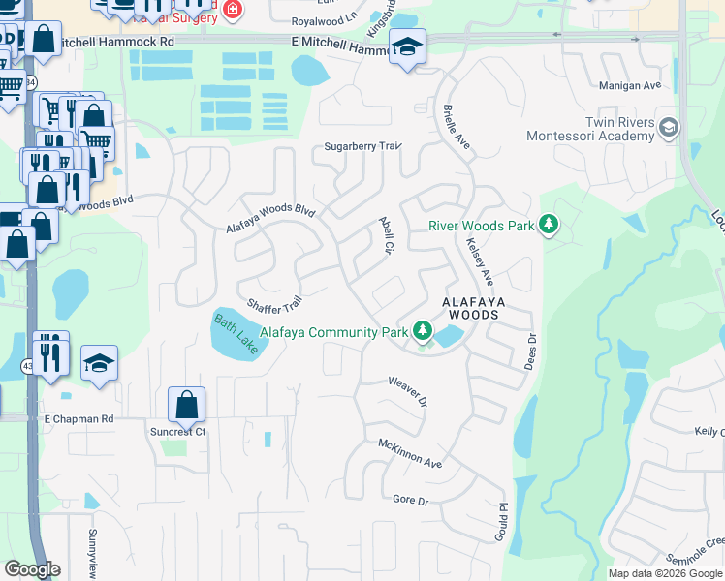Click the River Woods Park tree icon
click(549, 226)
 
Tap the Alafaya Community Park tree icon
click(422, 332)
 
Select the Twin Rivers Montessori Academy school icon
click(669, 128)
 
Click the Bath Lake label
click(236, 333)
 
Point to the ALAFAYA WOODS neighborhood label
click(471, 308)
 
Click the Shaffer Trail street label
click(275, 304)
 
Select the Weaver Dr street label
click(408, 392)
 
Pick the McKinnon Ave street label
click(410, 453)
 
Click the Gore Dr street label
click(410, 500)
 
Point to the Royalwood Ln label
click(325, 19)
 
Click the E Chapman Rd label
click(79, 418)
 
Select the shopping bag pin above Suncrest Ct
click(186, 404)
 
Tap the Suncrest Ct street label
click(178, 431)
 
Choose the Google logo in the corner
click(32, 568)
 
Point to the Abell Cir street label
click(385, 235)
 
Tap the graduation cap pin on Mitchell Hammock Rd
click(407, 46)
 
